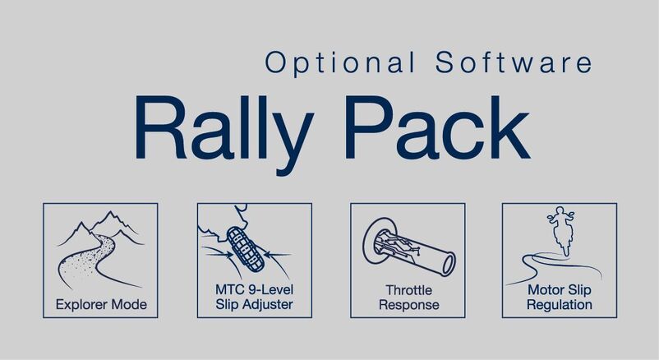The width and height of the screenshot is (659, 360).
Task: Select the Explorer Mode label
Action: click(101, 305)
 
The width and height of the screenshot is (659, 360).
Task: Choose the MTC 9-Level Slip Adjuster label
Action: click(254, 298)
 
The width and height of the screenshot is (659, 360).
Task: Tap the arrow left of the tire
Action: click(217, 255)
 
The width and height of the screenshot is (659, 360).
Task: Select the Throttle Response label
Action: click(408, 298)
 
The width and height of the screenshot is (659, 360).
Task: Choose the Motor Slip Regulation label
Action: click(560, 298)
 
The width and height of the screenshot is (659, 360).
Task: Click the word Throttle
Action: click(408, 290)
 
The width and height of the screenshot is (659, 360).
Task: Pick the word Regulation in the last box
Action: click(560, 305)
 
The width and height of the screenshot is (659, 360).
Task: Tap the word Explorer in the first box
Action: click(83, 305)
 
